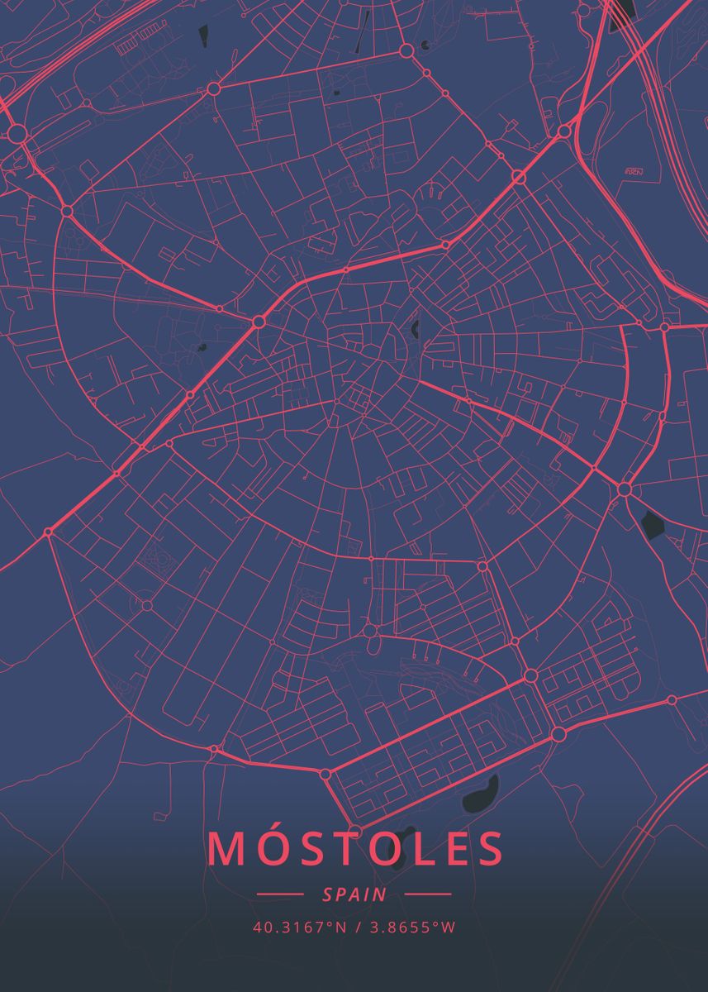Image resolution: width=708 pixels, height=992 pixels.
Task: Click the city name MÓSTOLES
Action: pyautogui.click(x=355, y=849)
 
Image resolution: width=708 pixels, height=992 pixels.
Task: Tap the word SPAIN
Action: pyautogui.click(x=354, y=894)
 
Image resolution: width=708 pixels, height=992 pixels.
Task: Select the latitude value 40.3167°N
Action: pyautogui.click(x=300, y=927)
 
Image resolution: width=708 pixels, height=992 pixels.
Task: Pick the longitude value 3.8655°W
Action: pyautogui.click(x=411, y=927)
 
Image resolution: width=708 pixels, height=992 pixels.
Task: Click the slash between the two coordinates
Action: pyautogui.click(x=358, y=927)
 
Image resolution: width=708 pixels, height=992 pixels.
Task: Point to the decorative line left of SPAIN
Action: pyautogui.click(x=281, y=894)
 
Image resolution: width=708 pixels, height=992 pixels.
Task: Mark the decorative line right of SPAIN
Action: pyautogui.click(x=428, y=894)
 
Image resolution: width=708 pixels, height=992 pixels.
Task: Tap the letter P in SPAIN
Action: pyautogui.click(x=342, y=894)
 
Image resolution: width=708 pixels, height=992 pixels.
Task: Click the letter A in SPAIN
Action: pyautogui.click(x=356, y=894)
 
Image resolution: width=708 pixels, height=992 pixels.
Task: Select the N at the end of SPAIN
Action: pyautogui.click(x=380, y=894)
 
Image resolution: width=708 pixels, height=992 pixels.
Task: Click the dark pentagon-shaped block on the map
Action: pyautogui.click(x=653, y=524)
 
